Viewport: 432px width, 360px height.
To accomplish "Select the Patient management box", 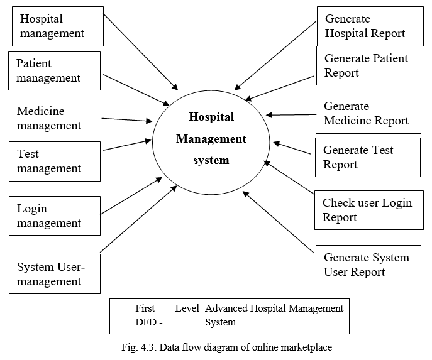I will (54, 71).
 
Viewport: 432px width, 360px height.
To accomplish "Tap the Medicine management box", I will (54, 118).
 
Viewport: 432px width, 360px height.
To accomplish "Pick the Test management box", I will (54, 161).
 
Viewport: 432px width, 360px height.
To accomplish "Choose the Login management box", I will (54, 215).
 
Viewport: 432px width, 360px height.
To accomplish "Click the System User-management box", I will (54, 274).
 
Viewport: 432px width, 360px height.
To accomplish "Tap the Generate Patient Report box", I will (370, 65).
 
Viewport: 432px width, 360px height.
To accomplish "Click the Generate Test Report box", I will (367, 157).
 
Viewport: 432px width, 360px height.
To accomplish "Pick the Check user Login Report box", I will (368, 210).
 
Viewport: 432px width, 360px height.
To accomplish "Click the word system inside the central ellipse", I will (211, 161).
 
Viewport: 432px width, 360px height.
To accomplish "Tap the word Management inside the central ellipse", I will (211, 139).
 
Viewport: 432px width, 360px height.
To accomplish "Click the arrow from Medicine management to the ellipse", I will (127, 119).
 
